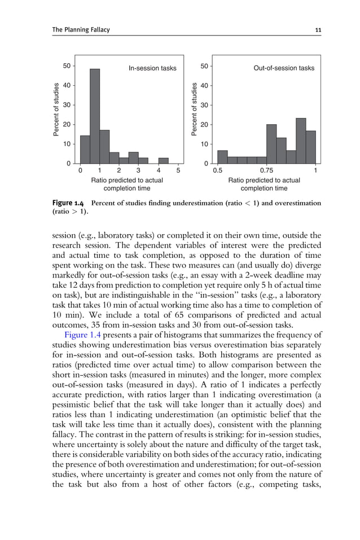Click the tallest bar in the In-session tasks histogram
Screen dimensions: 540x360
[95, 116]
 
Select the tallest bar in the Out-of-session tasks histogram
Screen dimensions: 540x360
[301, 141]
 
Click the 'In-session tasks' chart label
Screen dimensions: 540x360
[152, 68]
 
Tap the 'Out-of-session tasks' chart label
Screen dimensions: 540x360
[284, 68]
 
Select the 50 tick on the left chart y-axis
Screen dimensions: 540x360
[67, 66]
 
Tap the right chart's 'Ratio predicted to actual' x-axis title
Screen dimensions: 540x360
[264, 181]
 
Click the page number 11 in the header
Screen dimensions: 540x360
[318, 29]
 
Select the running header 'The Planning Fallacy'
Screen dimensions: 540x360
[73, 29]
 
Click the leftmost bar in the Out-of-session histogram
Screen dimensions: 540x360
[222, 157]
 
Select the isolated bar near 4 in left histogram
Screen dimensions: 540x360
[163, 161]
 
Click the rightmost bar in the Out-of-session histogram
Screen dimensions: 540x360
[311, 147]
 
